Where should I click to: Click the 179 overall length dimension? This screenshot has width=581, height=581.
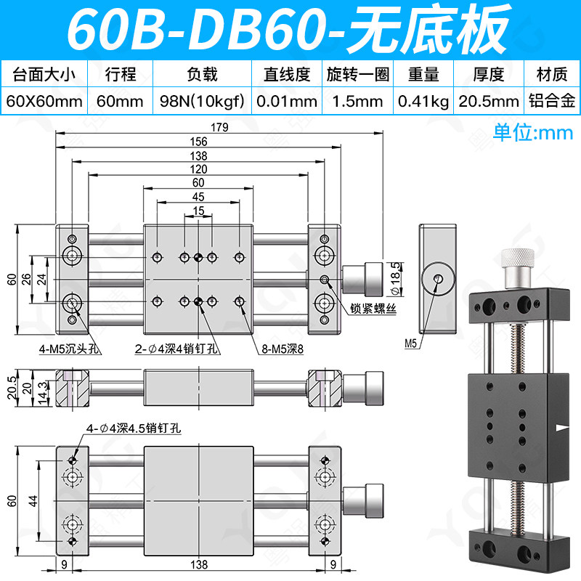click(x=219, y=128)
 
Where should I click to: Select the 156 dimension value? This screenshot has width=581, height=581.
click(x=198, y=142)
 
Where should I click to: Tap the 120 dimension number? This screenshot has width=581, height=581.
click(x=198, y=169)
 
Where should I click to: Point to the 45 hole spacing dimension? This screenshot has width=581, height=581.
click(x=198, y=197)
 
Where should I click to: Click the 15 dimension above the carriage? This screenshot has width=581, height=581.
click(x=198, y=211)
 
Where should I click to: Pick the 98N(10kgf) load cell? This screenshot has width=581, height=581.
click(x=203, y=101)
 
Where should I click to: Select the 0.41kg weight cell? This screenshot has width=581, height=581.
click(x=423, y=101)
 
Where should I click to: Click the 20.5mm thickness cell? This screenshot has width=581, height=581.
click(x=489, y=101)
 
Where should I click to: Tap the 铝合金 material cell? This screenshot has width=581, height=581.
click(x=552, y=101)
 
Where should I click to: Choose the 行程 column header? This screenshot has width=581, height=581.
click(x=121, y=74)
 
